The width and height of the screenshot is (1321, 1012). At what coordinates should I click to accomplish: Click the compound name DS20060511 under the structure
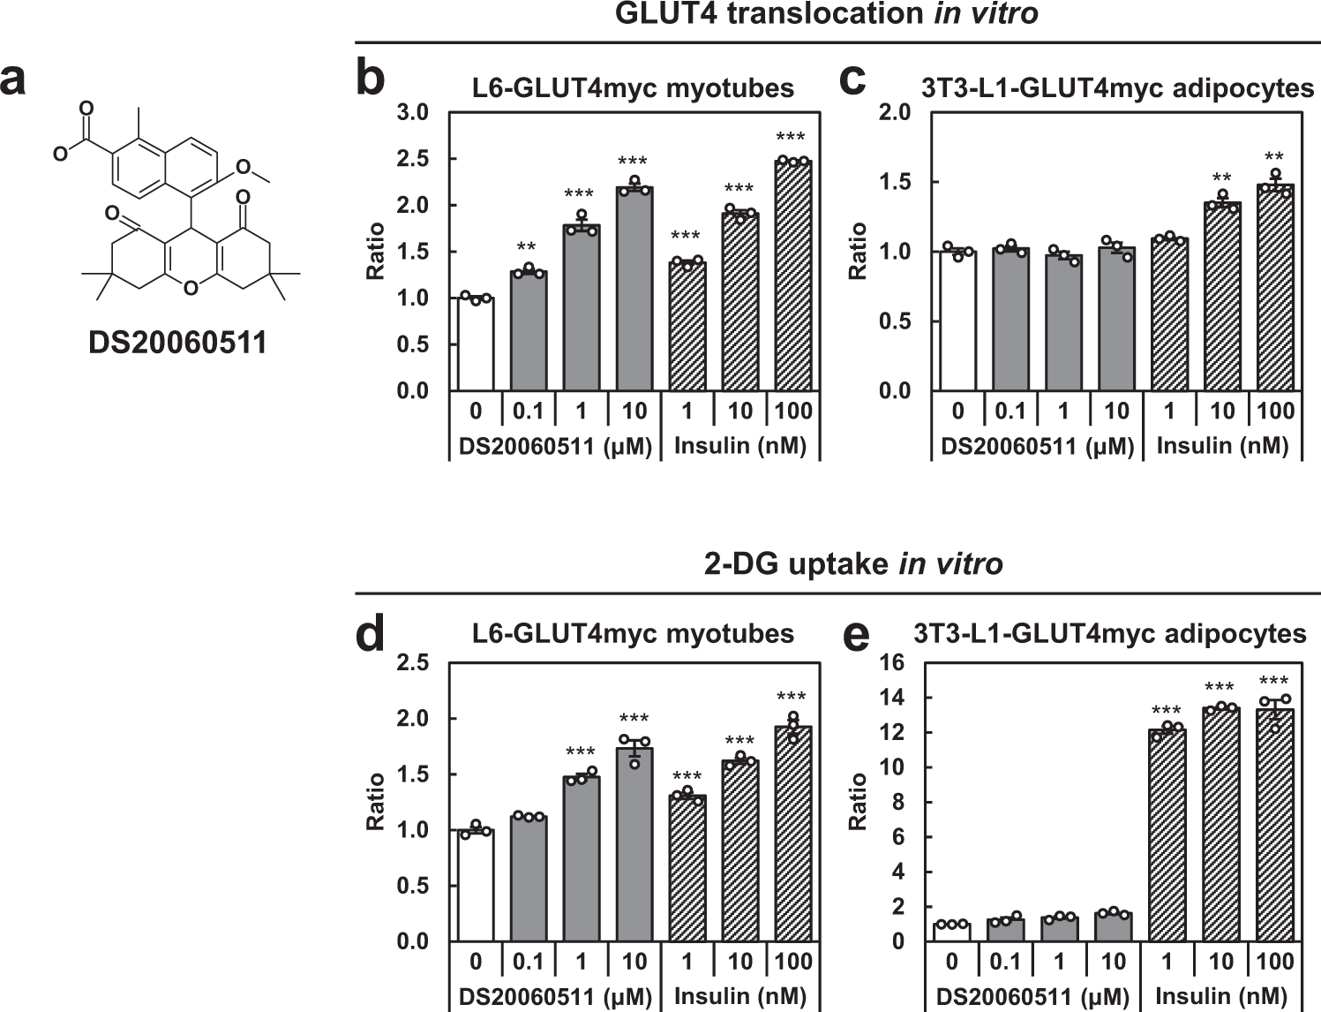pyautogui.click(x=177, y=342)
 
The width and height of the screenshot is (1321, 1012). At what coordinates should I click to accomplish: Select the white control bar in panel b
pyautogui.click(x=476, y=344)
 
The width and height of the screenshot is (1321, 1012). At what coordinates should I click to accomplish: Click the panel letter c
pyautogui.click(x=852, y=79)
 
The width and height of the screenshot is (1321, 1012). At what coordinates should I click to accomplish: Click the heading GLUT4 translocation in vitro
pyautogui.click(x=826, y=14)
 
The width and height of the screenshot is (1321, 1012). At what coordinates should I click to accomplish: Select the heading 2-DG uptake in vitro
pyautogui.click(x=852, y=563)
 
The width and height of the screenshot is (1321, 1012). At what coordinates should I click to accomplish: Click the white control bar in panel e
pyautogui.click(x=951, y=932)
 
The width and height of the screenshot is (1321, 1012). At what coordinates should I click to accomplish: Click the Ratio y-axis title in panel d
pyautogui.click(x=376, y=801)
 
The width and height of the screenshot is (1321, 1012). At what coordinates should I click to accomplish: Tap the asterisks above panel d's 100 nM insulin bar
pyautogui.click(x=792, y=699)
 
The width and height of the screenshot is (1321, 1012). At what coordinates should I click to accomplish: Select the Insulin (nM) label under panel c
pyautogui.click(x=1222, y=446)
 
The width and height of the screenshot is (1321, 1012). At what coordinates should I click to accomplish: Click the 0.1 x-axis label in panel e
pyautogui.click(x=1004, y=961)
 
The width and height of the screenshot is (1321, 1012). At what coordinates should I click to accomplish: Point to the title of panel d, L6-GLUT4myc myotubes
pyautogui.click(x=633, y=633)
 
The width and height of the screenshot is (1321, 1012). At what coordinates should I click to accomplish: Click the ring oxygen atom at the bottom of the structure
pyautogui.click(x=191, y=287)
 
